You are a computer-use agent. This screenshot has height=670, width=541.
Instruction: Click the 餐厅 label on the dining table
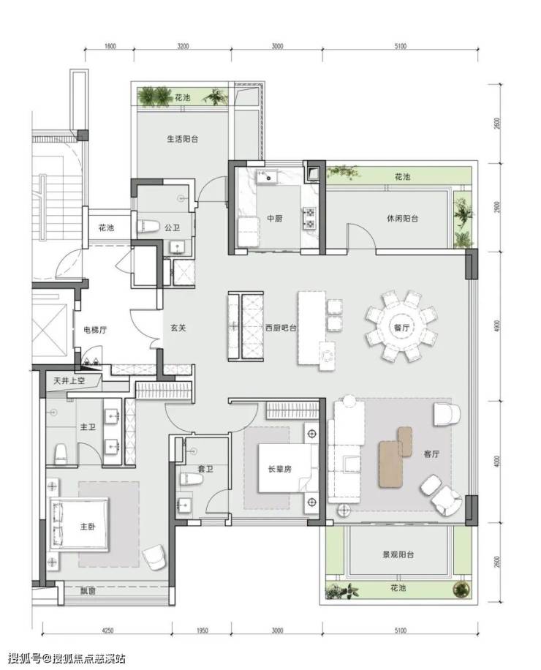[401, 328]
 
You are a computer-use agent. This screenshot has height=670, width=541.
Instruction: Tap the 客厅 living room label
[431, 453]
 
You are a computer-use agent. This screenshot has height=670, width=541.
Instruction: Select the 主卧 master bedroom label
[88, 527]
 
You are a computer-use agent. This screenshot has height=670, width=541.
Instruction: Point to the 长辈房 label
[280, 469]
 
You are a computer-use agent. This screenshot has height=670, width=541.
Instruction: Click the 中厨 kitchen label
[275, 219]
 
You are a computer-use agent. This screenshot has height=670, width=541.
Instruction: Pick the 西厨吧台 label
[281, 328]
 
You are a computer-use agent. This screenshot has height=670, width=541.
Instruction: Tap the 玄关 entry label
[178, 328]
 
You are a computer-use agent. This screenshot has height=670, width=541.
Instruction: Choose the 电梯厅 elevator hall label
[95, 329]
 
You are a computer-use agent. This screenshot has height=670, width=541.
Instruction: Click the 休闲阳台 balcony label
[402, 219]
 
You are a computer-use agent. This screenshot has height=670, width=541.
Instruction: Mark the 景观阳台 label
[398, 554]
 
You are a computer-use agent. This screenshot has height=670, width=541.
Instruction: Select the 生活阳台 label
[182, 139]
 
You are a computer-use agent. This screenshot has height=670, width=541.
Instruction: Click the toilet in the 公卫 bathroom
[148, 226]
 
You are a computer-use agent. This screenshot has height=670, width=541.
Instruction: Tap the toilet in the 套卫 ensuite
[191, 479]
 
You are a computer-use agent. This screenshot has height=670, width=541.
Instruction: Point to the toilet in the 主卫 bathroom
[61, 453]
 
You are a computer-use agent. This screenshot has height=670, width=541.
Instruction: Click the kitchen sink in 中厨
[267, 176]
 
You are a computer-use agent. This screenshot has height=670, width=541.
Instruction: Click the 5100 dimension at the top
[400, 46]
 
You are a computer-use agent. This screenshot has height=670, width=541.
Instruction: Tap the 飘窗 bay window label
[88, 592]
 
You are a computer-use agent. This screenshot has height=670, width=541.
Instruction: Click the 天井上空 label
[69, 380]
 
